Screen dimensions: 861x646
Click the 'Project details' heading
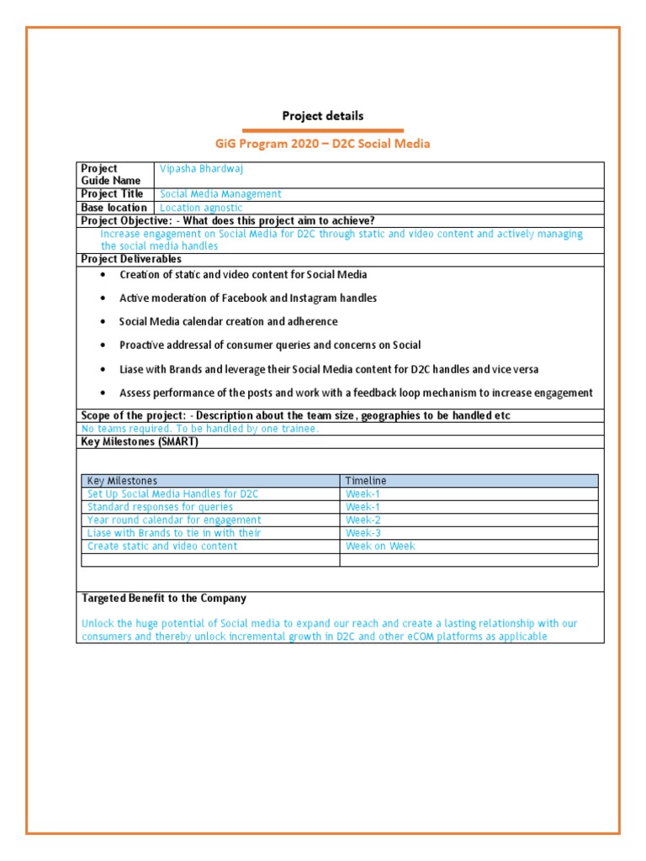point(323,116)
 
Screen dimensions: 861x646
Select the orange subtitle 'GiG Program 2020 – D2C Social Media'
point(323,144)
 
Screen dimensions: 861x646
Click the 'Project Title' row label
point(112,194)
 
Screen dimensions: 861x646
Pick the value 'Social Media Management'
point(220,194)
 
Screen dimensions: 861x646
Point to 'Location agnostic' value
point(201,208)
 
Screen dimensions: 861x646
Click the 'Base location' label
point(114,208)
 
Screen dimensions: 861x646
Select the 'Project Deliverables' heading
point(130,260)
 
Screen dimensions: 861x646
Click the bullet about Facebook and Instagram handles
point(248,298)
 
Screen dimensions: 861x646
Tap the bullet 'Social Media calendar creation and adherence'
point(228,322)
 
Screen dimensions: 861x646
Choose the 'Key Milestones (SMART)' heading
point(139,442)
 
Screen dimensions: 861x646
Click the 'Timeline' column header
point(366,481)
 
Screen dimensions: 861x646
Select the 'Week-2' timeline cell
point(363,520)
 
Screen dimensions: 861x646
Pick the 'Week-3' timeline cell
point(363,533)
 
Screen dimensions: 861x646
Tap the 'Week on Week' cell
point(380,547)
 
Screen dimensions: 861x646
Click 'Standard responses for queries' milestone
point(161,507)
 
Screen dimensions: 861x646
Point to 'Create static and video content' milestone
point(162,547)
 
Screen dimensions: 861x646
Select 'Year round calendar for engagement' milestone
point(174,520)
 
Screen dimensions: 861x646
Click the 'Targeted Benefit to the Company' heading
point(164,599)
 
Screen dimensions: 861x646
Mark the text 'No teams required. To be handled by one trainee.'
point(200,429)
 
